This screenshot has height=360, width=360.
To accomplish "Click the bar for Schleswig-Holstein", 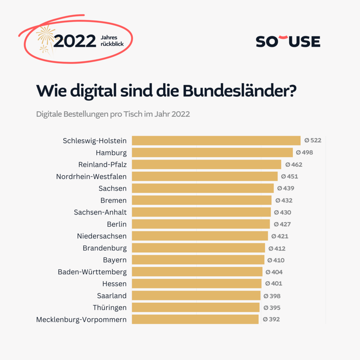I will tap(216, 140).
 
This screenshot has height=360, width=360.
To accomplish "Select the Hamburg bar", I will tap(212, 152).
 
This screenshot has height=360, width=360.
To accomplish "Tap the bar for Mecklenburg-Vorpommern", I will tap(195, 319).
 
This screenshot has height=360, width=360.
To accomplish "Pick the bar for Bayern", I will tap(198, 260).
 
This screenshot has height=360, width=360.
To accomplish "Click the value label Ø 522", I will tap(313, 140).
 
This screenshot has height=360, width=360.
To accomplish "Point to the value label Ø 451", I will tap(290, 176).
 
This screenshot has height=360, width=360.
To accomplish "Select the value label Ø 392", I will tap(271, 319).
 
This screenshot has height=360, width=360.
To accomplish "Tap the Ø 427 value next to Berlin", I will tap(282, 224).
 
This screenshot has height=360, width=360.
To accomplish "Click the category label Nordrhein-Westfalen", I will tap(91, 176).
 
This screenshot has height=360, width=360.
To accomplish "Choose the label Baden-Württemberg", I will tap(92, 272).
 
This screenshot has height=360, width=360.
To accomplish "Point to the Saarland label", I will tap(112, 296).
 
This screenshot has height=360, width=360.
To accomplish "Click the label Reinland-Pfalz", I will tap(102, 164).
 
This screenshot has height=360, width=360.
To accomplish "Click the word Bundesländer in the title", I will tap(240, 91).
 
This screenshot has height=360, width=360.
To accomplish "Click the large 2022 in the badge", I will tap(75, 41).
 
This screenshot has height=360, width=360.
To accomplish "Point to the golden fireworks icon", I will tap(45, 38).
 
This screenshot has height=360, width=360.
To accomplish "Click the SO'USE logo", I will tap(288, 41).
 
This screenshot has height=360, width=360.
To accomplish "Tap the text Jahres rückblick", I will tap(112, 41).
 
